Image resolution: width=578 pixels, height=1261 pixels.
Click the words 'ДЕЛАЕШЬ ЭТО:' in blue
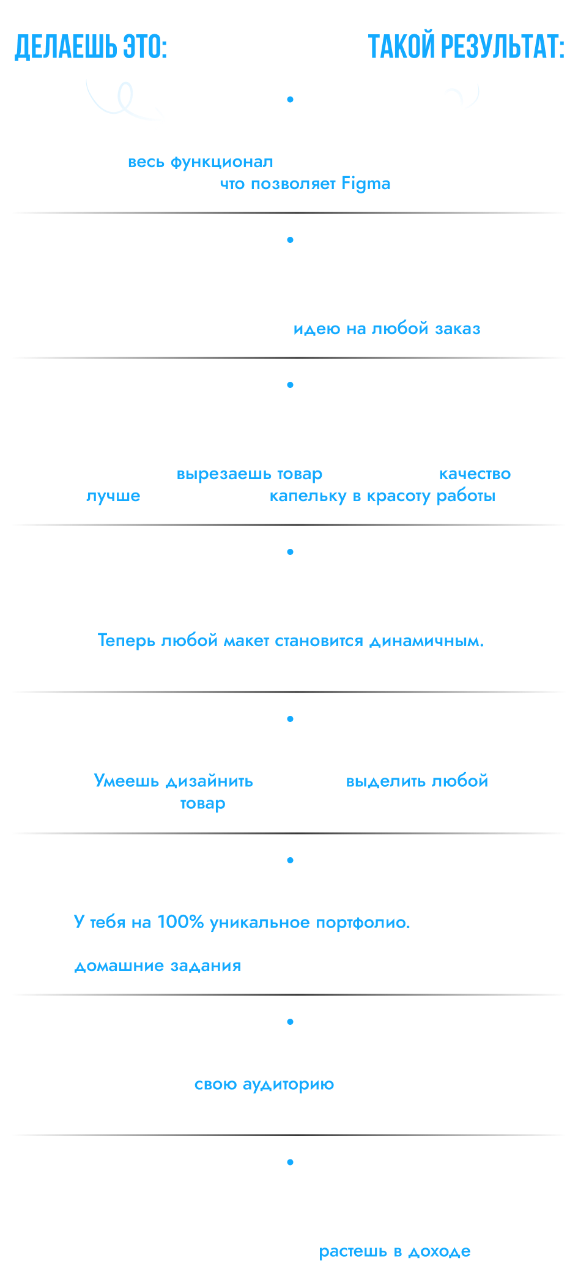point(91,47)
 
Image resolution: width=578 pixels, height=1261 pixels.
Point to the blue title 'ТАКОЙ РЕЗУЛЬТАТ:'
point(466,47)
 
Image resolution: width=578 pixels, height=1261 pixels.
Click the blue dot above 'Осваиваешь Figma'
point(290,99)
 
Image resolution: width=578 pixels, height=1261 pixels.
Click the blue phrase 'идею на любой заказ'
point(387,329)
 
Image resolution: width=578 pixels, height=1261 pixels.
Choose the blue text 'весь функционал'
point(200,162)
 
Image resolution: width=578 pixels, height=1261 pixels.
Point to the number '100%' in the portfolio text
point(180,922)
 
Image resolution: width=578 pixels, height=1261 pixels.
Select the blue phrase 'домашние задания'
point(158,966)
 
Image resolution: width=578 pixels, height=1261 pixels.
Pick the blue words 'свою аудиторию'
point(264,1084)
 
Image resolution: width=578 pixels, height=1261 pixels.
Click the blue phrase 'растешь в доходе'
point(395,1251)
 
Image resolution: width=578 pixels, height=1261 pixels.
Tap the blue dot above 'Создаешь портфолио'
point(290,860)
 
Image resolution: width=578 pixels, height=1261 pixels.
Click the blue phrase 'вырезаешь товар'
point(250,474)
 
